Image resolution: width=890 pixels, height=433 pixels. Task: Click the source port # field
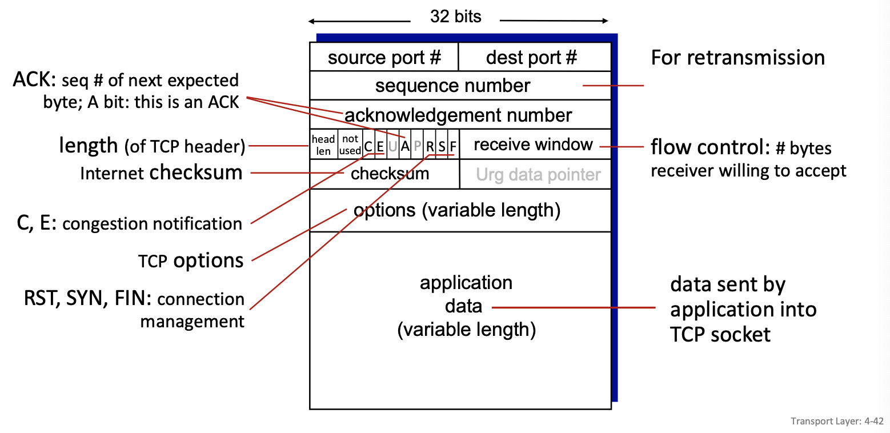(384, 58)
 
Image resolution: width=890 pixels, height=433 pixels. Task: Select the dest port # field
(531, 58)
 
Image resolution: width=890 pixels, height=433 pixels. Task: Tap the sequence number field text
(452, 86)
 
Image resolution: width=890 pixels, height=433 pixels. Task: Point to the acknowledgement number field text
(458, 115)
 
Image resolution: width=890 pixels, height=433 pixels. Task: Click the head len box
(323, 145)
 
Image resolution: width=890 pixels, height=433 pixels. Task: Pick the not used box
(350, 145)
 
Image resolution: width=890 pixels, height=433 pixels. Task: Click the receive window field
(533, 145)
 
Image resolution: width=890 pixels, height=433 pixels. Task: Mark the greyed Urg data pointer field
(538, 175)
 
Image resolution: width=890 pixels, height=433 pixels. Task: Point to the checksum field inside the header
(390, 174)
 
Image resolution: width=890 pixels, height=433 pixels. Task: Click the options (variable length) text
(457, 210)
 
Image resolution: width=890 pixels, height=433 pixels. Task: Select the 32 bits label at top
(455, 17)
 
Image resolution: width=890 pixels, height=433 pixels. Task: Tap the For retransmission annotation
(737, 58)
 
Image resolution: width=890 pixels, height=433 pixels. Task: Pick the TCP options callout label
(191, 261)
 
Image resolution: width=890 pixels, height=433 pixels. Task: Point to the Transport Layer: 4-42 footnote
(837, 422)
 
